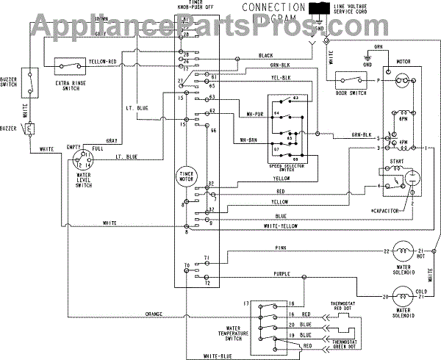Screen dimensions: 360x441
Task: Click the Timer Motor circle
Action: [x=185, y=178]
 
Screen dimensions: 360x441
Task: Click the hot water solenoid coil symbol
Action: [x=402, y=252]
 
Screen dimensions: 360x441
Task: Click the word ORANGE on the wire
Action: [x=154, y=315]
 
